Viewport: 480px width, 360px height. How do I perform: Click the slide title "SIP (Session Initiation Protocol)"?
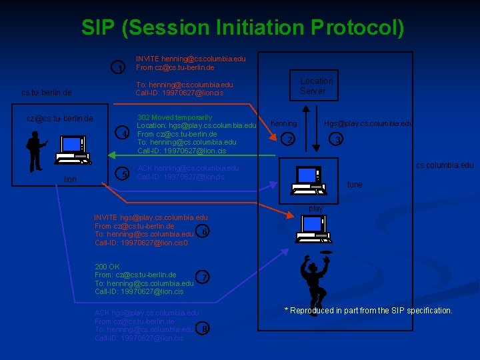[243, 27]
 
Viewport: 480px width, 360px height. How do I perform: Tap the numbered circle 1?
[119, 68]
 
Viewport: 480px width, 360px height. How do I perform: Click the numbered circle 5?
[122, 175]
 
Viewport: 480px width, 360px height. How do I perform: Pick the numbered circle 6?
[205, 231]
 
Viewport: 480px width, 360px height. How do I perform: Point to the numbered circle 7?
[204, 277]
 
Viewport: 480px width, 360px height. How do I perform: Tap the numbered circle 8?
[204, 328]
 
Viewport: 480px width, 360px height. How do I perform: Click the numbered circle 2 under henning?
[289, 139]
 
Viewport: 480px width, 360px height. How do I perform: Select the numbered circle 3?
[338, 139]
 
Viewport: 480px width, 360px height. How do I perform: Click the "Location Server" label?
[316, 86]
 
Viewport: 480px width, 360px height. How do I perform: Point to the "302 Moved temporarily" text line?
[174, 117]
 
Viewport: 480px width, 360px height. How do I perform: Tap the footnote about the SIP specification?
[368, 311]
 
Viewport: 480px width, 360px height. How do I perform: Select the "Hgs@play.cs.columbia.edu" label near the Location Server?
[368, 123]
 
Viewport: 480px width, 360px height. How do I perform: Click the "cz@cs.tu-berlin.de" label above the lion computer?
[59, 119]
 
